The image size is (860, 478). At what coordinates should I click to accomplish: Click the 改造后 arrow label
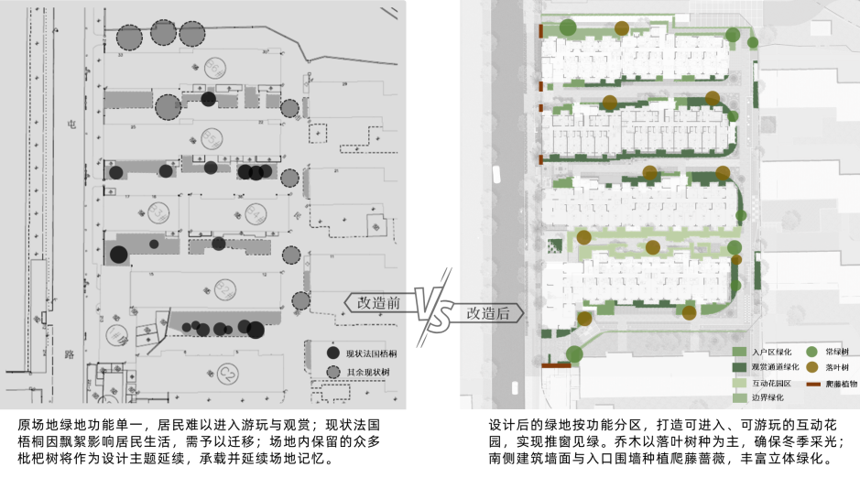488,312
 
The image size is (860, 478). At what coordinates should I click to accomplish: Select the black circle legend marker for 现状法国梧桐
333,353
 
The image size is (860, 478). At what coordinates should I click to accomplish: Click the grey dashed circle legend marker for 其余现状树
333,372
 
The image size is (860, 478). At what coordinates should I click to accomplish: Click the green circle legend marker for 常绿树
811,352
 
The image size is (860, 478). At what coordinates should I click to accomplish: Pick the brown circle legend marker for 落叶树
811,367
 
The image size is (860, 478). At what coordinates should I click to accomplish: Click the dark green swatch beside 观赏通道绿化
739,368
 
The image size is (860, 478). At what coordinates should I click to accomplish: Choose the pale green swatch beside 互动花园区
739,384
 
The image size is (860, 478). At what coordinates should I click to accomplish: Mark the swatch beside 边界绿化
739,399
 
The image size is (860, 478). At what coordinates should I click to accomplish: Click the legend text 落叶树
837,368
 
